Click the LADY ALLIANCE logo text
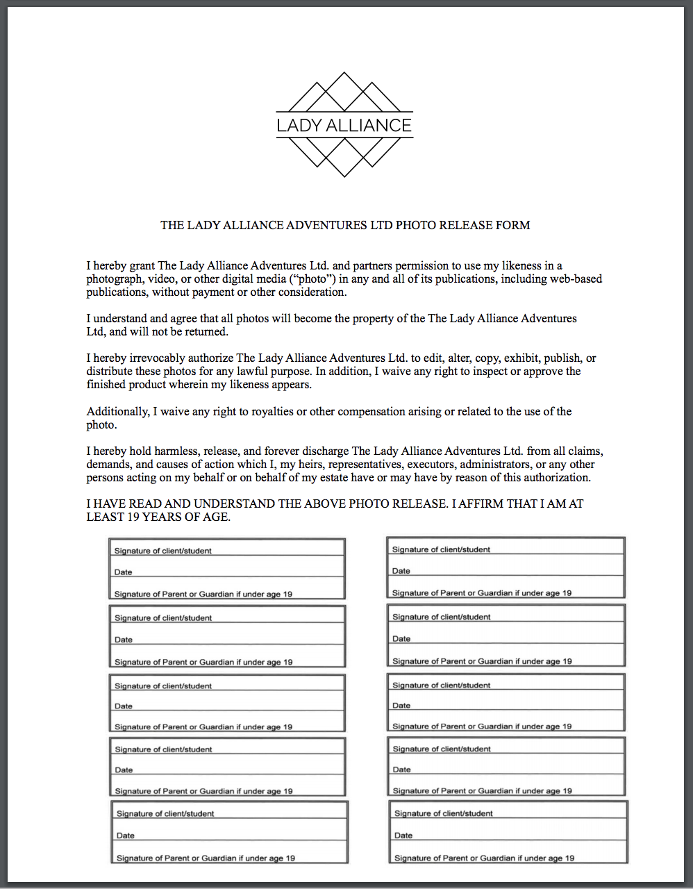pos(344,126)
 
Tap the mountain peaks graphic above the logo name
pos(344,92)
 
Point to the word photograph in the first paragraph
pos(115,279)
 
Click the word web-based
pos(576,279)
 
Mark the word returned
pos(205,331)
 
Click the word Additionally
pos(118,411)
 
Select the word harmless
pos(176,451)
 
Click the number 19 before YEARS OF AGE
pos(131,517)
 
